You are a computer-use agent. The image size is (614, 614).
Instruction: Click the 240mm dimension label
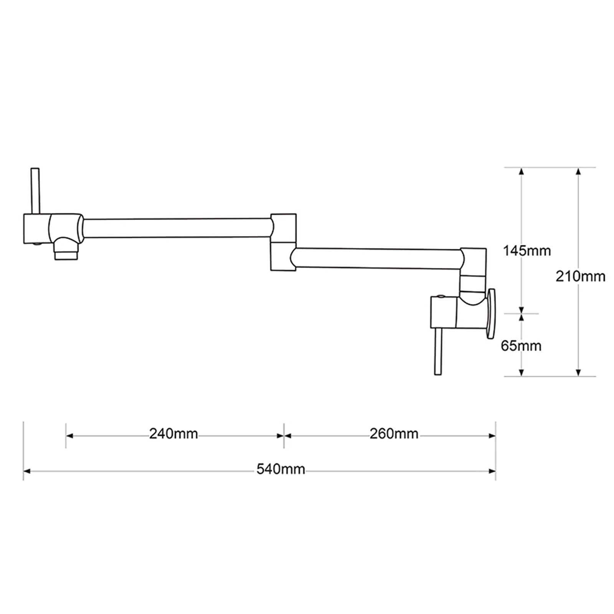click(x=173, y=434)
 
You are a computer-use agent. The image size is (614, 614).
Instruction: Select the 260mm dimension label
click(x=394, y=434)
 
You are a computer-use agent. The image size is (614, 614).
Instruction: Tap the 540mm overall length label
click(x=281, y=469)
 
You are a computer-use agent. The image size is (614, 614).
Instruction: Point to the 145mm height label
click(x=527, y=251)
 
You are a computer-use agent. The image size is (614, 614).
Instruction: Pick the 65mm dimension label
click(x=521, y=346)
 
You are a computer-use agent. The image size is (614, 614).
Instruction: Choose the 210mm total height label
click(x=580, y=276)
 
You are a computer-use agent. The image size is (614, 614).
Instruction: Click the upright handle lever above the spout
click(x=35, y=191)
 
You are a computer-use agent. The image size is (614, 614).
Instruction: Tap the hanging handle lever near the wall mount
click(x=438, y=352)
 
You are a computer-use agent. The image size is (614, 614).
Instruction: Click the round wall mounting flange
click(x=491, y=314)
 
